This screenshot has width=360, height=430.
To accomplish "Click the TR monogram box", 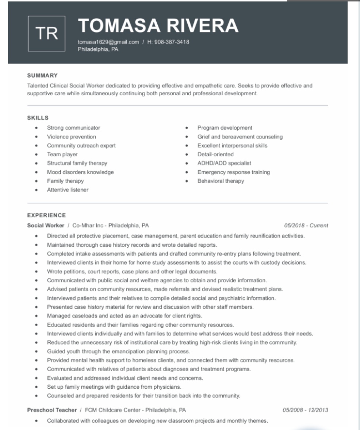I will [46, 34].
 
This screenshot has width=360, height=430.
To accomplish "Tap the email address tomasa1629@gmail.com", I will [108, 42].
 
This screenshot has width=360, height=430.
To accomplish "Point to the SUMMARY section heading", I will [42, 76].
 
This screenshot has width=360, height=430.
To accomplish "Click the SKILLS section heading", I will [38, 118].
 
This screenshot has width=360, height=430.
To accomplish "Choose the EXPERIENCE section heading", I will [46, 215].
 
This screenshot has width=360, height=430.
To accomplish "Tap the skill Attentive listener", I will [68, 190].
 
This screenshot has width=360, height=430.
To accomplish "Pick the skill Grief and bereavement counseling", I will [240, 137].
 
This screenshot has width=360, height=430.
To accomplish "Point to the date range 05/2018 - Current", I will [306, 225].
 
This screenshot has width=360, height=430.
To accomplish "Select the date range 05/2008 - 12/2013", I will [305, 410].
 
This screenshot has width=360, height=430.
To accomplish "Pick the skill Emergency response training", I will [234, 172].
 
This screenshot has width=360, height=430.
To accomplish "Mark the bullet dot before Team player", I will [37, 155].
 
